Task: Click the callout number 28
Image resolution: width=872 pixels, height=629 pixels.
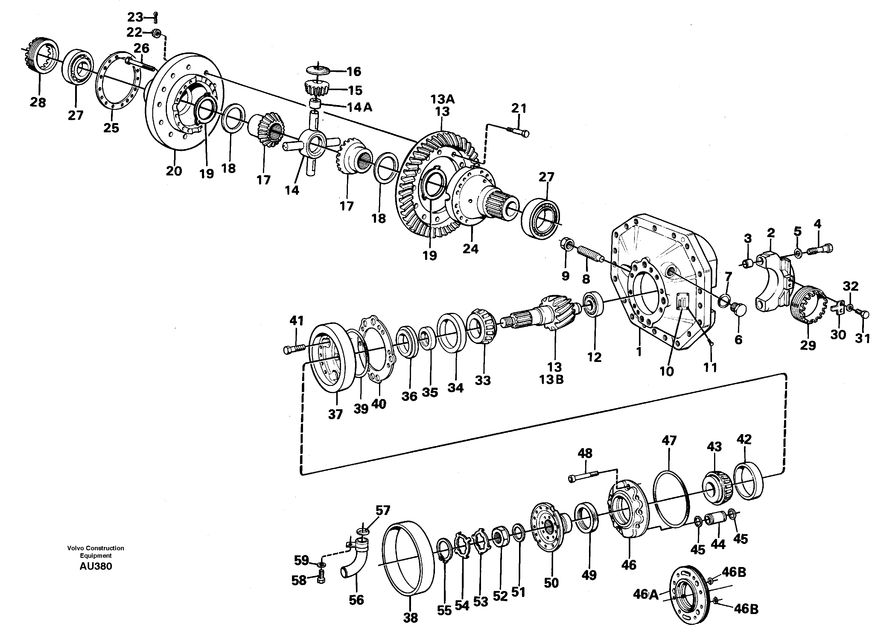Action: tap(38, 102)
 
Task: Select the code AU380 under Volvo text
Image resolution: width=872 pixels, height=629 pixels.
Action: tap(95, 566)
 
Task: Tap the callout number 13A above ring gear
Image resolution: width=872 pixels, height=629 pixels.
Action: tap(442, 99)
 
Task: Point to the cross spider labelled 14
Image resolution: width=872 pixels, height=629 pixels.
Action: tap(311, 146)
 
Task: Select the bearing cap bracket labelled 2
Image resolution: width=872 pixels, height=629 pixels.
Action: tap(773, 281)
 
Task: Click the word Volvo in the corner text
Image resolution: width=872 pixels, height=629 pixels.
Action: tap(75, 548)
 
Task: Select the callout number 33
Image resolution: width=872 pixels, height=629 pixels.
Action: tap(483, 381)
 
